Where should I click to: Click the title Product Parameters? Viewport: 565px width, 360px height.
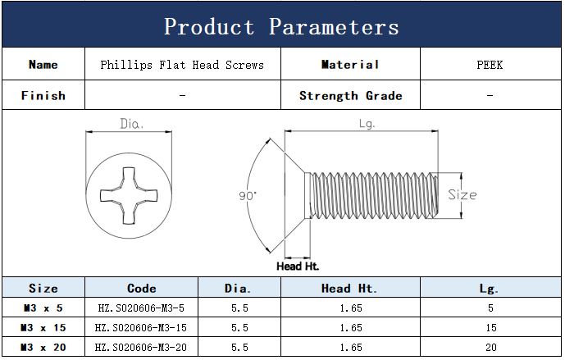point(281,26)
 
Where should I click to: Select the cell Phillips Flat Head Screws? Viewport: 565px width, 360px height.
point(182,65)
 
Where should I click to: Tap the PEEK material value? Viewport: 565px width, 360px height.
point(490,65)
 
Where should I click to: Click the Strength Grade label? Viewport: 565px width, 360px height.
point(350,95)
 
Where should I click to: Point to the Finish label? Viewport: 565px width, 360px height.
point(43,95)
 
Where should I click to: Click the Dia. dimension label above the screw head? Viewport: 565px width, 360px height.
point(132,125)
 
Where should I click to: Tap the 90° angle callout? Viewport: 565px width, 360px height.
point(248,196)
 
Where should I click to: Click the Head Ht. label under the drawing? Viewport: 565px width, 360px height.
point(298,266)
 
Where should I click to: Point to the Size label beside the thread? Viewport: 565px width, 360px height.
point(462,195)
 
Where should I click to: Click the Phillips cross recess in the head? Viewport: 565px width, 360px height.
point(131,195)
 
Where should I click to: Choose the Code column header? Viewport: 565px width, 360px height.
point(142,288)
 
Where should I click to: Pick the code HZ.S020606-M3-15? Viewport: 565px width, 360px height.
point(142,327)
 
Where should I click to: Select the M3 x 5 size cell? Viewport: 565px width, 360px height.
point(43,308)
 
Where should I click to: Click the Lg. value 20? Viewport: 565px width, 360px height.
point(490,347)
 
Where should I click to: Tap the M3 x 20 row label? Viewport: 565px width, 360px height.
point(43,347)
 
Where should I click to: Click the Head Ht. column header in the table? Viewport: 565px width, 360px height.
point(349,288)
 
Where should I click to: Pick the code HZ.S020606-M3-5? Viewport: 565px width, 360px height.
point(142,308)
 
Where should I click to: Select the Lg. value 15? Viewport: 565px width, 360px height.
point(490,327)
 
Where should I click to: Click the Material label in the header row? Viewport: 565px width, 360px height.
point(350,65)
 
